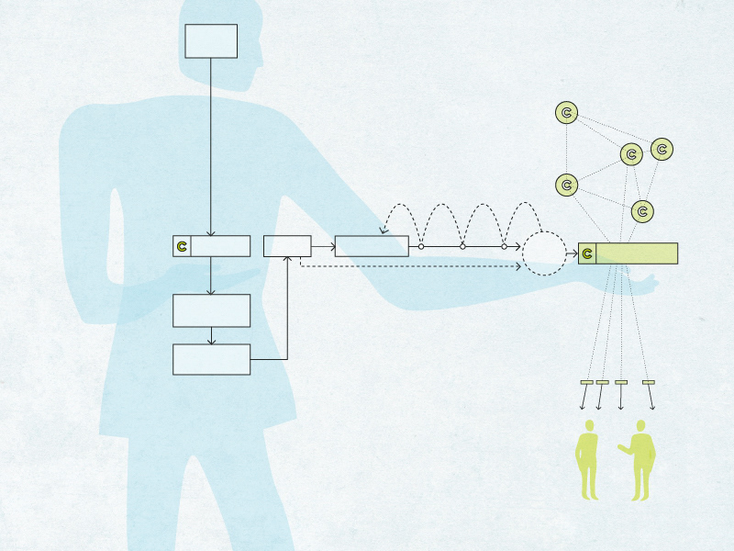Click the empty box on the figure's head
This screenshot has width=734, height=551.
pos(211,41)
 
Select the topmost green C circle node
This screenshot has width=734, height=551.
pos(567,113)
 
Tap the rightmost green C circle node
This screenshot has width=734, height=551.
pos(662,149)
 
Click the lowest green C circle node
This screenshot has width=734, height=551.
pos(643,211)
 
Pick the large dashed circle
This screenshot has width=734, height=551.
pos(544,253)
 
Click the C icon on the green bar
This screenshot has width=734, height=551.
pos(587,253)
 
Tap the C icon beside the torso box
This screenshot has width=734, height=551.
pos(182,246)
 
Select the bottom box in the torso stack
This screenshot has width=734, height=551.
pos(211,359)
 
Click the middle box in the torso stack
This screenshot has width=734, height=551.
pos(211,310)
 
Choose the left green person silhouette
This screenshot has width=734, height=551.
pos(586,459)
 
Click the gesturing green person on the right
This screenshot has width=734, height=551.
pos(640,459)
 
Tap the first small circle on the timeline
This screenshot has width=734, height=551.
pos(421,246)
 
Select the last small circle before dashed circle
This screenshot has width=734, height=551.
pos(504,246)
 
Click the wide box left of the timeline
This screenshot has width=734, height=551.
pos(372,246)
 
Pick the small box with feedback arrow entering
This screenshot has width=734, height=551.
pos(287,246)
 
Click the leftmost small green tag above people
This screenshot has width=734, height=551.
pos(586,382)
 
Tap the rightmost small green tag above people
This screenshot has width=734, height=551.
pos(649,382)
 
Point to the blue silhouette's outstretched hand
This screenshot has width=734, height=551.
pos(648,282)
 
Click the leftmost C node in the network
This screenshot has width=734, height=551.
pos(567,186)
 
